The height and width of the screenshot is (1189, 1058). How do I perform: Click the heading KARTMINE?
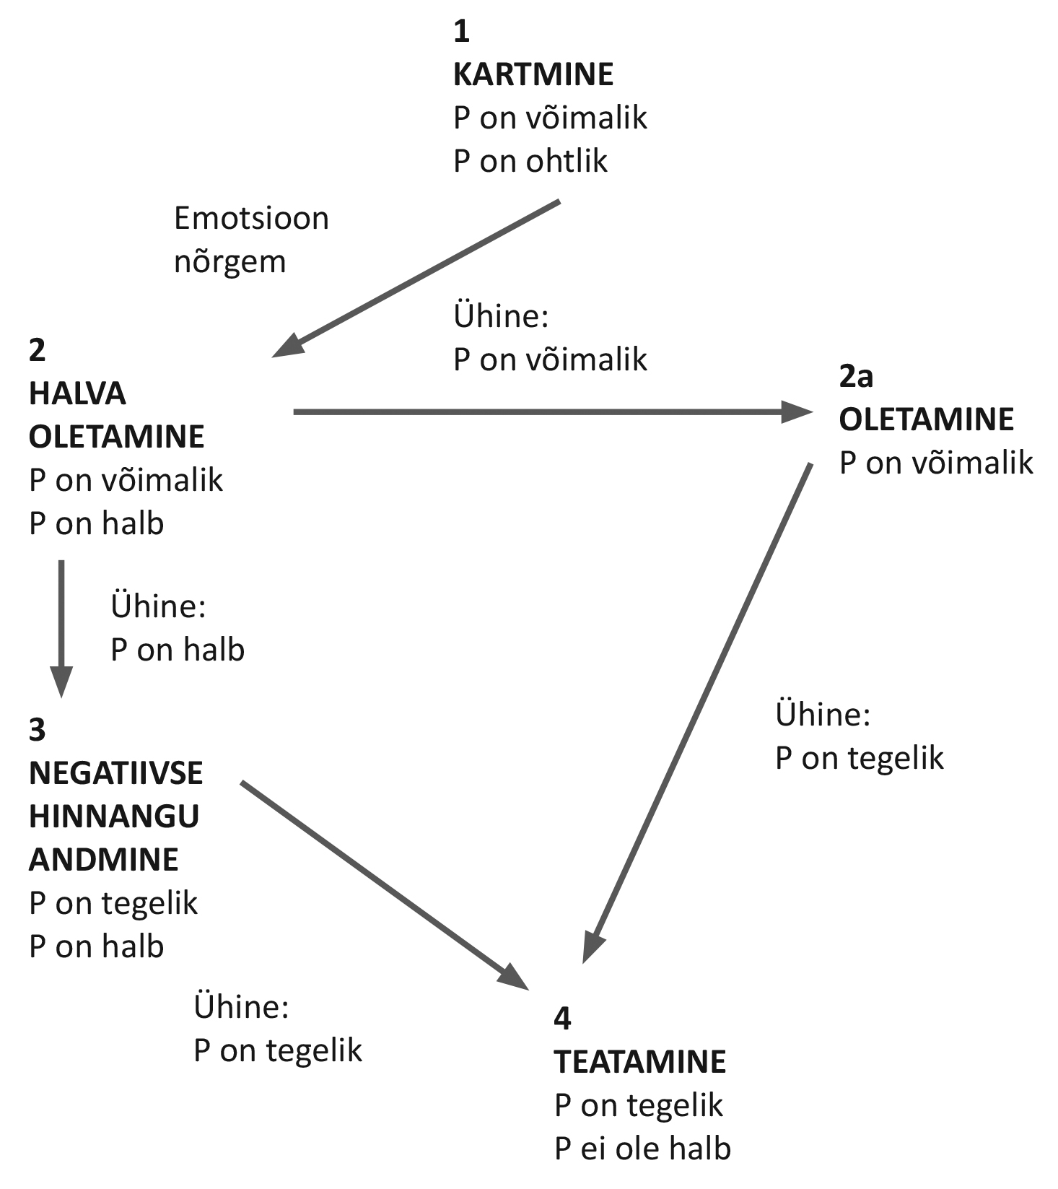[x=533, y=74]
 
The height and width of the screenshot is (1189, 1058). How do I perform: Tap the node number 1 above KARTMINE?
[x=461, y=32]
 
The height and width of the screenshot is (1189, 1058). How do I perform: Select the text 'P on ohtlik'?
[x=530, y=161]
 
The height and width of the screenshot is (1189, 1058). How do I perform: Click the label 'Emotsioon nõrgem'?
[x=251, y=240]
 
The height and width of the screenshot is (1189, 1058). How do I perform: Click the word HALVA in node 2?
[x=77, y=394]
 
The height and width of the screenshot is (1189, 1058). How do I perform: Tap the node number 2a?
[x=856, y=376]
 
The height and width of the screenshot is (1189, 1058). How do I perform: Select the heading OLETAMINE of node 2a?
[x=926, y=419]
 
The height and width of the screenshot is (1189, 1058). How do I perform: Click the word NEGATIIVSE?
[x=115, y=773]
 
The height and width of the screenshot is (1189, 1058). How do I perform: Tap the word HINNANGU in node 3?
[x=114, y=816]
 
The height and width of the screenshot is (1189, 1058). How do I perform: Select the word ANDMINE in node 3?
[x=104, y=860]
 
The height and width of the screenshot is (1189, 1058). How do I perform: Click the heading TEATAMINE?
[x=640, y=1062]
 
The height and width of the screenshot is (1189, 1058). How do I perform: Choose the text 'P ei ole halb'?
[x=642, y=1149]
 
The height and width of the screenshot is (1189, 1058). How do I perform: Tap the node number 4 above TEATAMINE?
[x=562, y=1019]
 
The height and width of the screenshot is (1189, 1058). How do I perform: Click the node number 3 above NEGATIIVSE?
[x=37, y=730]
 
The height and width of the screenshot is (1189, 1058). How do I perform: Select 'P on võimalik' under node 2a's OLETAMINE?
[x=936, y=463]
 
